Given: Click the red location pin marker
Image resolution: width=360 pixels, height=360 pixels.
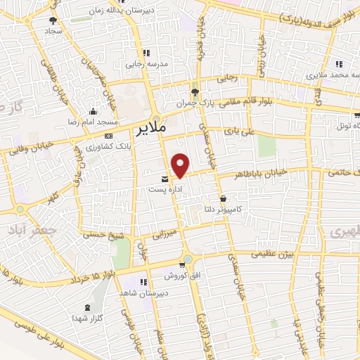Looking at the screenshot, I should (181, 165).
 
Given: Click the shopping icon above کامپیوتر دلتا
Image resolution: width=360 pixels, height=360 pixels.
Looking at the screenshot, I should (223, 199).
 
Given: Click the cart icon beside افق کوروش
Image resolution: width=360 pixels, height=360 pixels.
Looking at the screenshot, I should (182, 265).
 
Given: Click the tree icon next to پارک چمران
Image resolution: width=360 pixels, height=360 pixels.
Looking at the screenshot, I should (196, 92).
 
